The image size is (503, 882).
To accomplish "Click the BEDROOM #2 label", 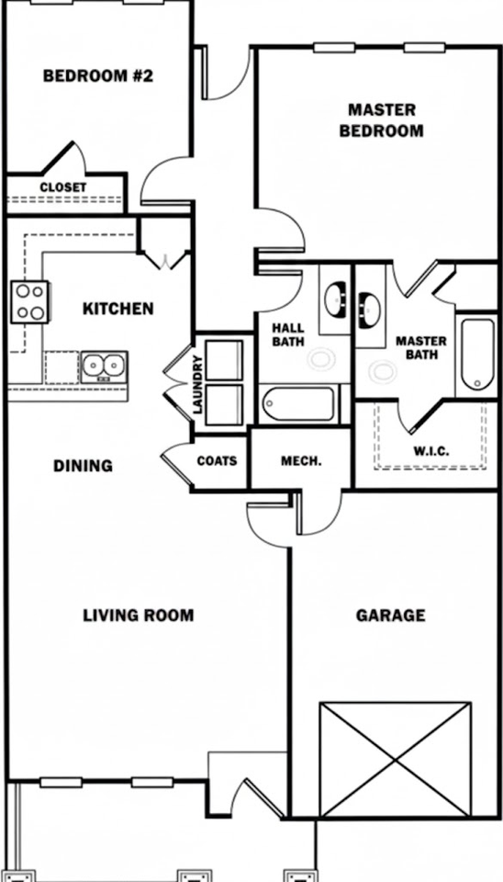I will (x=97, y=75).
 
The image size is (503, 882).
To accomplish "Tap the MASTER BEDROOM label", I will (x=381, y=119).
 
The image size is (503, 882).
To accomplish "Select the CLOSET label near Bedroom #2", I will (x=63, y=187).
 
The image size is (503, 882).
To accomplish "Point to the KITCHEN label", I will (x=118, y=309).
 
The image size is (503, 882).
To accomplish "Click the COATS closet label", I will (x=217, y=460).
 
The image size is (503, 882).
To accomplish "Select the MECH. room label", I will (x=300, y=460).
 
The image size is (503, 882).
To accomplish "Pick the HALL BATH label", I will (x=285, y=336).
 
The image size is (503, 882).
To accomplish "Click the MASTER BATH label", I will (x=421, y=348).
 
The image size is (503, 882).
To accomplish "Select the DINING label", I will (x=83, y=466).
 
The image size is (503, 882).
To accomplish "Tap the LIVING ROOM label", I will (x=139, y=615).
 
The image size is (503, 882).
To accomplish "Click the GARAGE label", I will (x=390, y=615).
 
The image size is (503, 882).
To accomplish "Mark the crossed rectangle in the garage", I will (x=395, y=760).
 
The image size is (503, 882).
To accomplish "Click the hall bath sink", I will (x=334, y=300).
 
